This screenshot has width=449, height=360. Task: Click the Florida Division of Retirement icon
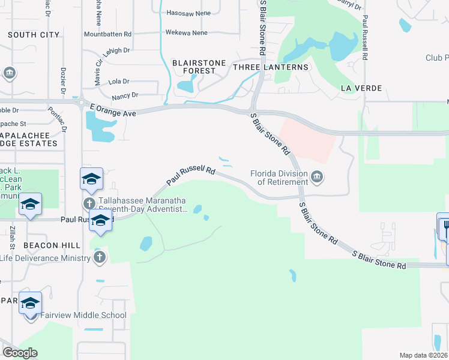[x=317, y=176]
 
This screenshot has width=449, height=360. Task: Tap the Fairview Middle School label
[x=83, y=315]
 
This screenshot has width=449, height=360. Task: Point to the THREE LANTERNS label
[x=270, y=67]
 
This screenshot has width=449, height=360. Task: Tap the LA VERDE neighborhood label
[x=361, y=88]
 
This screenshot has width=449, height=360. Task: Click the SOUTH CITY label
[x=34, y=35]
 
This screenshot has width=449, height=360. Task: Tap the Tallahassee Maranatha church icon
[x=89, y=203]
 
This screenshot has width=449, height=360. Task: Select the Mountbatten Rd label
[x=108, y=35]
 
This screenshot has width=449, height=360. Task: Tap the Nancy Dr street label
[x=125, y=95]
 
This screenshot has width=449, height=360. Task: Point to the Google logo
[x=20, y=353]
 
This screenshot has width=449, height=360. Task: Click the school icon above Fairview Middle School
[x=30, y=303]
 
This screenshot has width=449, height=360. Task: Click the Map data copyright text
[x=423, y=355]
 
